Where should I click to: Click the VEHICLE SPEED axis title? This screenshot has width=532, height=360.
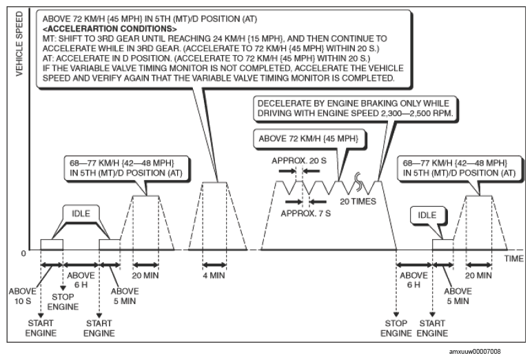click(19, 44)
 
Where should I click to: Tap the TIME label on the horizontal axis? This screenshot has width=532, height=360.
click(513, 259)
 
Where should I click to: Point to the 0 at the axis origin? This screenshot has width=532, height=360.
click(23, 254)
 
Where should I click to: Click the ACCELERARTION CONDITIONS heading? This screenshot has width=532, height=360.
click(110, 28)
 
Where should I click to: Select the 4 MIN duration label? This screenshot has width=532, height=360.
click(214, 275)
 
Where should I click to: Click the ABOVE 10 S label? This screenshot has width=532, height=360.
click(22, 296)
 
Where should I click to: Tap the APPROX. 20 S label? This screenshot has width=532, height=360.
click(299, 161)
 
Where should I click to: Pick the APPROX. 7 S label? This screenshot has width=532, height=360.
click(305, 214)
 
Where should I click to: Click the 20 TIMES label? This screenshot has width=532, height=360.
click(358, 202)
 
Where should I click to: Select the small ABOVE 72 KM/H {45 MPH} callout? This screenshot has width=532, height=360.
click(309, 139)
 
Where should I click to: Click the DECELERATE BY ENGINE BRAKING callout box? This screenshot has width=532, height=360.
click(355, 108)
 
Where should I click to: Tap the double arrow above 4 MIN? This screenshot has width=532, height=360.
click(214, 265)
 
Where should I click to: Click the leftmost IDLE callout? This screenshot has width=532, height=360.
click(81, 214)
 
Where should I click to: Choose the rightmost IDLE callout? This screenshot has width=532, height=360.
click(427, 215)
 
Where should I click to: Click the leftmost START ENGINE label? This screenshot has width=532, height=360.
click(41, 328)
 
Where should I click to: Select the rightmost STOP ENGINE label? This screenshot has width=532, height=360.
click(396, 328)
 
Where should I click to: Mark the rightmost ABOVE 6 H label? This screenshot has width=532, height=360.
click(413, 280)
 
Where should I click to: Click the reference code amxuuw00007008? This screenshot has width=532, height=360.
click(475, 352)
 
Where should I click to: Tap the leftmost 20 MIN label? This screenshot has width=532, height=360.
click(145, 275)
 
